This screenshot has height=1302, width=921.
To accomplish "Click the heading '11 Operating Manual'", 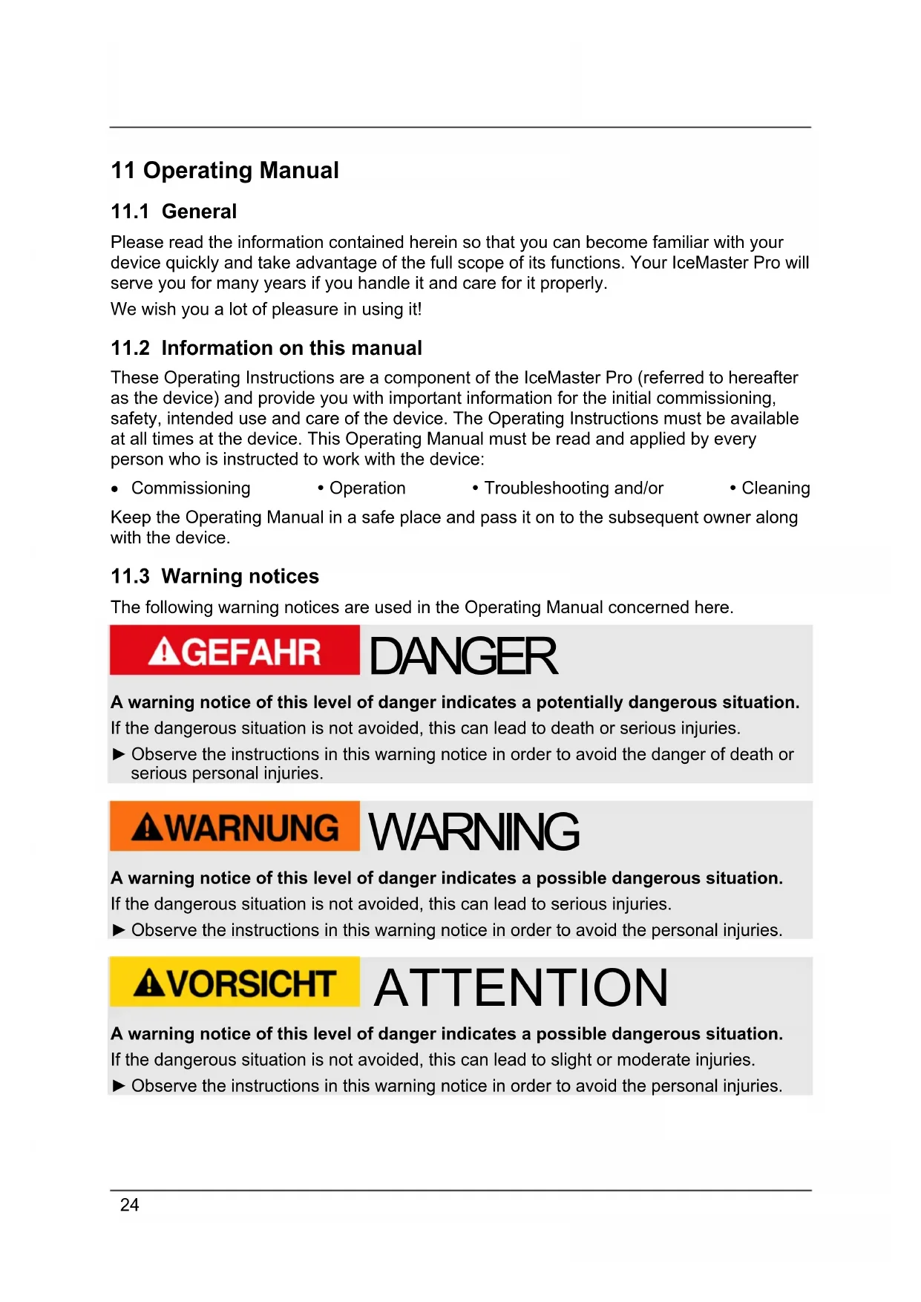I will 224,171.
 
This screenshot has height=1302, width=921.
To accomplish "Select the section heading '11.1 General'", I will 174,212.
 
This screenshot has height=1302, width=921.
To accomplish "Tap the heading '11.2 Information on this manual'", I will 266,348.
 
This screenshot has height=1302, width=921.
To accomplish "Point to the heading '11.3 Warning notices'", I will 214,576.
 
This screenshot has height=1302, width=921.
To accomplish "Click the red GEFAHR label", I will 235,651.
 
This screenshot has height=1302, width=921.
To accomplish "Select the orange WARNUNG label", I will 235,827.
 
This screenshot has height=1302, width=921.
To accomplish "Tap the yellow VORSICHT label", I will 235,983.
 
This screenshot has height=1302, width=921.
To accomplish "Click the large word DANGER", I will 463,656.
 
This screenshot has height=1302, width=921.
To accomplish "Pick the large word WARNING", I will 473,831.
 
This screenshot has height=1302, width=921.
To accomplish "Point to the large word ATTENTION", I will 521,988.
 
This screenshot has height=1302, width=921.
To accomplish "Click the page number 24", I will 129,1205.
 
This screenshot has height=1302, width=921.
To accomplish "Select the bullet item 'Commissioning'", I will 191,488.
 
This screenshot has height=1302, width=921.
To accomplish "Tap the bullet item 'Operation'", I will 367,488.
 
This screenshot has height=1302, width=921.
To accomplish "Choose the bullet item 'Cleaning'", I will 776,488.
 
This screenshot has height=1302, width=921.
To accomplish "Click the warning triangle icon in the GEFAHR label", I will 163,652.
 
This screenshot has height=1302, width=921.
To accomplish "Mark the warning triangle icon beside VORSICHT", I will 149,984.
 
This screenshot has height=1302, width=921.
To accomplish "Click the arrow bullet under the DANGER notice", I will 119,754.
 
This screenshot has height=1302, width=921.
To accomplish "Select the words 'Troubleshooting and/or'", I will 574,488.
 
